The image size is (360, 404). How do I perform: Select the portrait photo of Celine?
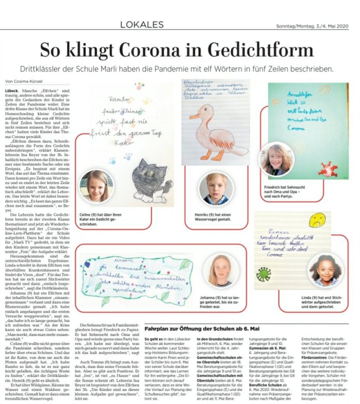coord(95,186)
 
